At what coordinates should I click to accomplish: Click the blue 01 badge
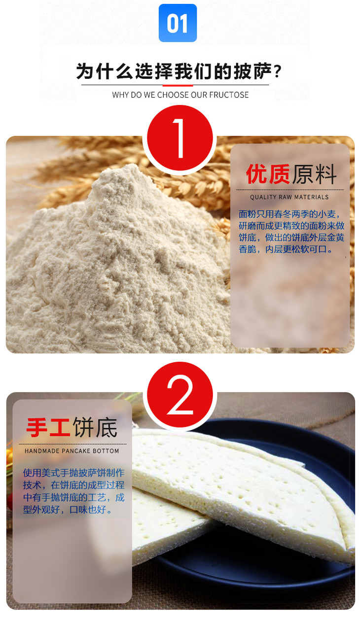178,23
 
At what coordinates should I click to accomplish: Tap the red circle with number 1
180,138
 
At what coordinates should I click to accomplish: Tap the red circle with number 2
180,395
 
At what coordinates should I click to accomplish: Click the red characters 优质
268,174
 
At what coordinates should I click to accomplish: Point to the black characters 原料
314,174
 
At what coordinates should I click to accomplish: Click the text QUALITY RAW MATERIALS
289,197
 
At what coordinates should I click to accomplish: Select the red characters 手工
48,427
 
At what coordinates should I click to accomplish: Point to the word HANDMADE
42,451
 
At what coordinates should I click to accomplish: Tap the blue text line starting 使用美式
73,473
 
